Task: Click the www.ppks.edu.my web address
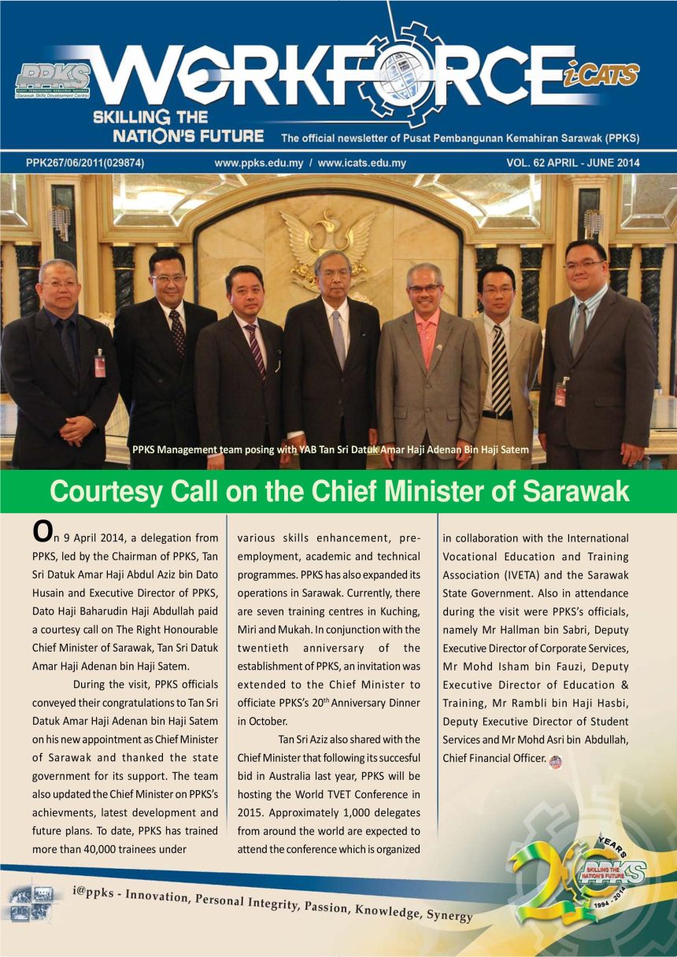pyautogui.click(x=259, y=164)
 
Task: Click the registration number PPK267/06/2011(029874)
pyautogui.click(x=90, y=164)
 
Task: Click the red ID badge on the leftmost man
pyautogui.click(x=100, y=364)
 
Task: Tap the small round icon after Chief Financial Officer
pyautogui.click(x=555, y=760)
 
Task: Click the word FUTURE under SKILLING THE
pyautogui.click(x=227, y=135)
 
